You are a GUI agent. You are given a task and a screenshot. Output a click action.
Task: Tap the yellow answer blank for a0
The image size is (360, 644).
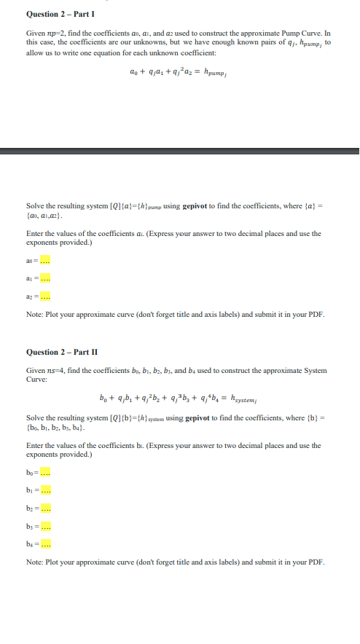(45, 261)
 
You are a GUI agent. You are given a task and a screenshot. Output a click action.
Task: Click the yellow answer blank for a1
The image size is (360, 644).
(45, 278)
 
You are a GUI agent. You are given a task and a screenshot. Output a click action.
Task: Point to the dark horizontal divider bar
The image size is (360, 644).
(180, 151)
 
